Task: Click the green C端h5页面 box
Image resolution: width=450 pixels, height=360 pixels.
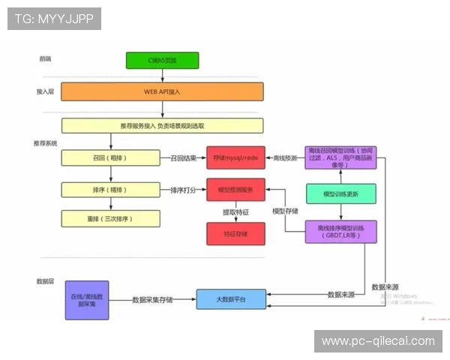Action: click(162, 61)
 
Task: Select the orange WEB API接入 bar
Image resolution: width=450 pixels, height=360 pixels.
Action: click(162, 91)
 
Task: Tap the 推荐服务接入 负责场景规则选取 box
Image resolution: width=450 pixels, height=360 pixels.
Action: click(162, 126)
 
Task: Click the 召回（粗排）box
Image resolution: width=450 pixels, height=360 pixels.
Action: click(110, 157)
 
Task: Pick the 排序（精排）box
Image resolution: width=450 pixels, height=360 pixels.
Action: click(110, 190)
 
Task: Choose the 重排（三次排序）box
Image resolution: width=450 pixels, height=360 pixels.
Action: click(110, 218)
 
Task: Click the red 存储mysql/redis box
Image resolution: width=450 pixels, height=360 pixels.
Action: click(235, 157)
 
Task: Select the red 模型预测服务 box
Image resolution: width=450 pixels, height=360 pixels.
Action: click(235, 190)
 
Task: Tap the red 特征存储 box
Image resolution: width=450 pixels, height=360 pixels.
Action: click(235, 233)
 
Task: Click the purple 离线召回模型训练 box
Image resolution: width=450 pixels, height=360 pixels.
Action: click(340, 157)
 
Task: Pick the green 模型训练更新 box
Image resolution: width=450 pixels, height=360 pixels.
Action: click(340, 193)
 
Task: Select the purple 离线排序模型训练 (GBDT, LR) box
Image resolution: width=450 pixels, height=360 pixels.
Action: click(340, 231)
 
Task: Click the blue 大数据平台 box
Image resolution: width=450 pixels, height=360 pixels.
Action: click(231, 299)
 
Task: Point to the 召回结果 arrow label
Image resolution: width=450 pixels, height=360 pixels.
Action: click(183, 158)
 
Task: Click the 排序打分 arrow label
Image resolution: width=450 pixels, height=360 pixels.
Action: click(183, 190)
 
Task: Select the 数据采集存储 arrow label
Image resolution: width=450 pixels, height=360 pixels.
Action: click(152, 299)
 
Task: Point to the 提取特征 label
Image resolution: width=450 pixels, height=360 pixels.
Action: click(235, 212)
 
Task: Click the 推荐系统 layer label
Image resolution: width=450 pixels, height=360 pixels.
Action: click(45, 142)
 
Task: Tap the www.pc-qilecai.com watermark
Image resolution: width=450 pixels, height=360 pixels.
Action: click(377, 341)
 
